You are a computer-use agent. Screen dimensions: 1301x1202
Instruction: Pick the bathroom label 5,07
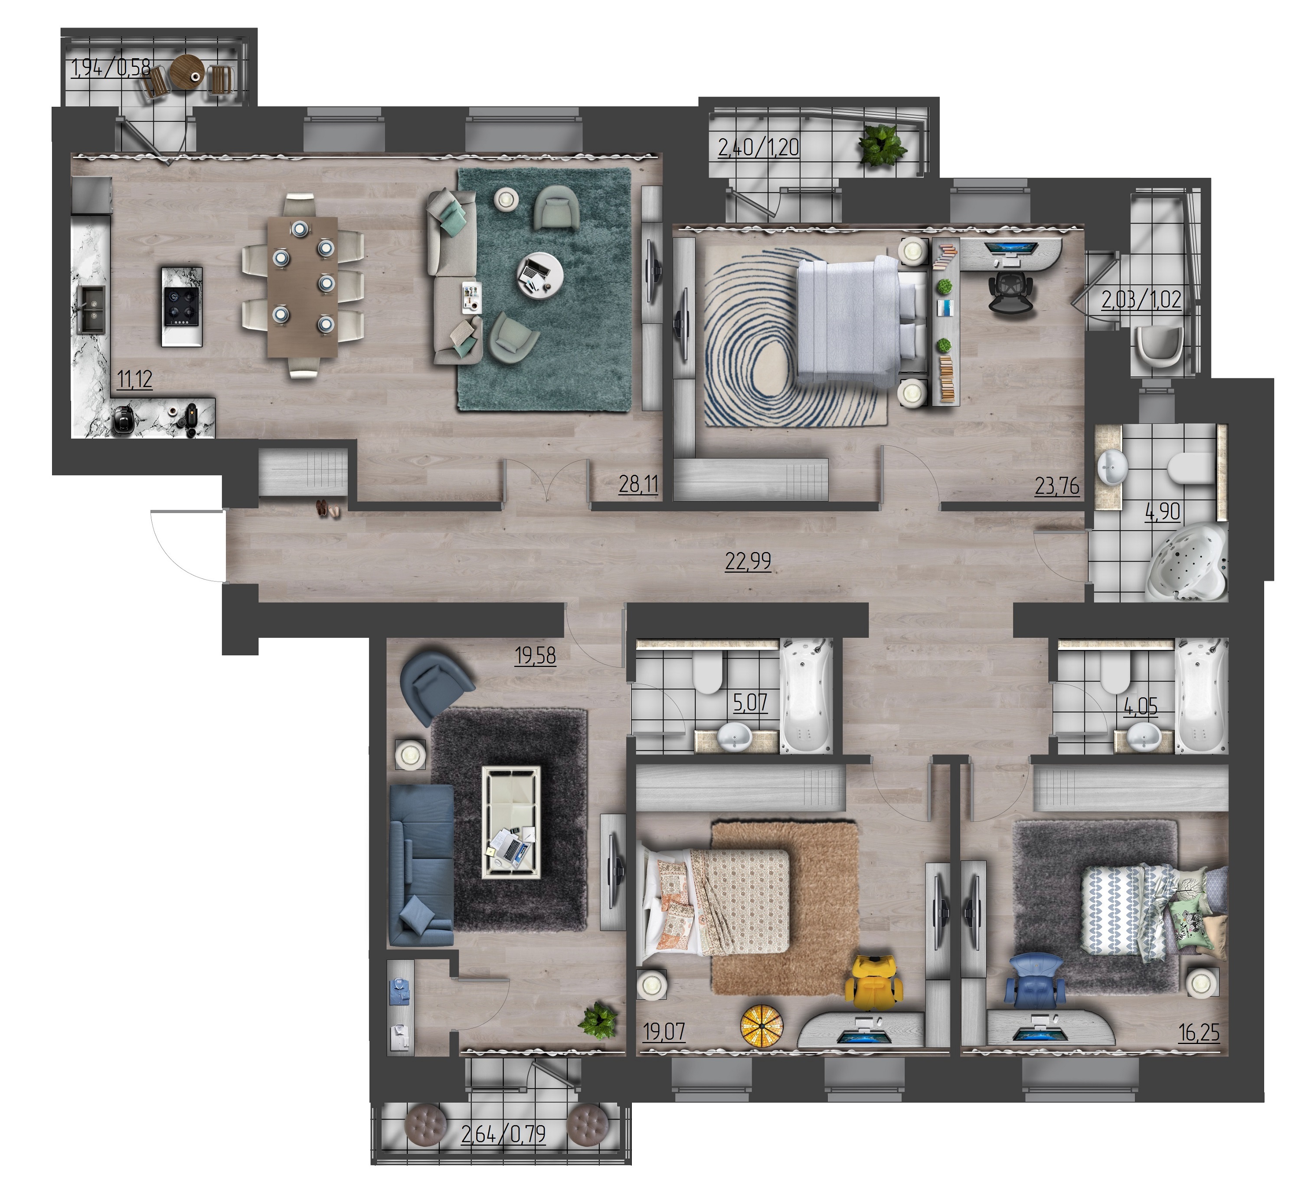click(x=750, y=703)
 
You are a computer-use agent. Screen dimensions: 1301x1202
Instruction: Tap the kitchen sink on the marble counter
click(x=91, y=309)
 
